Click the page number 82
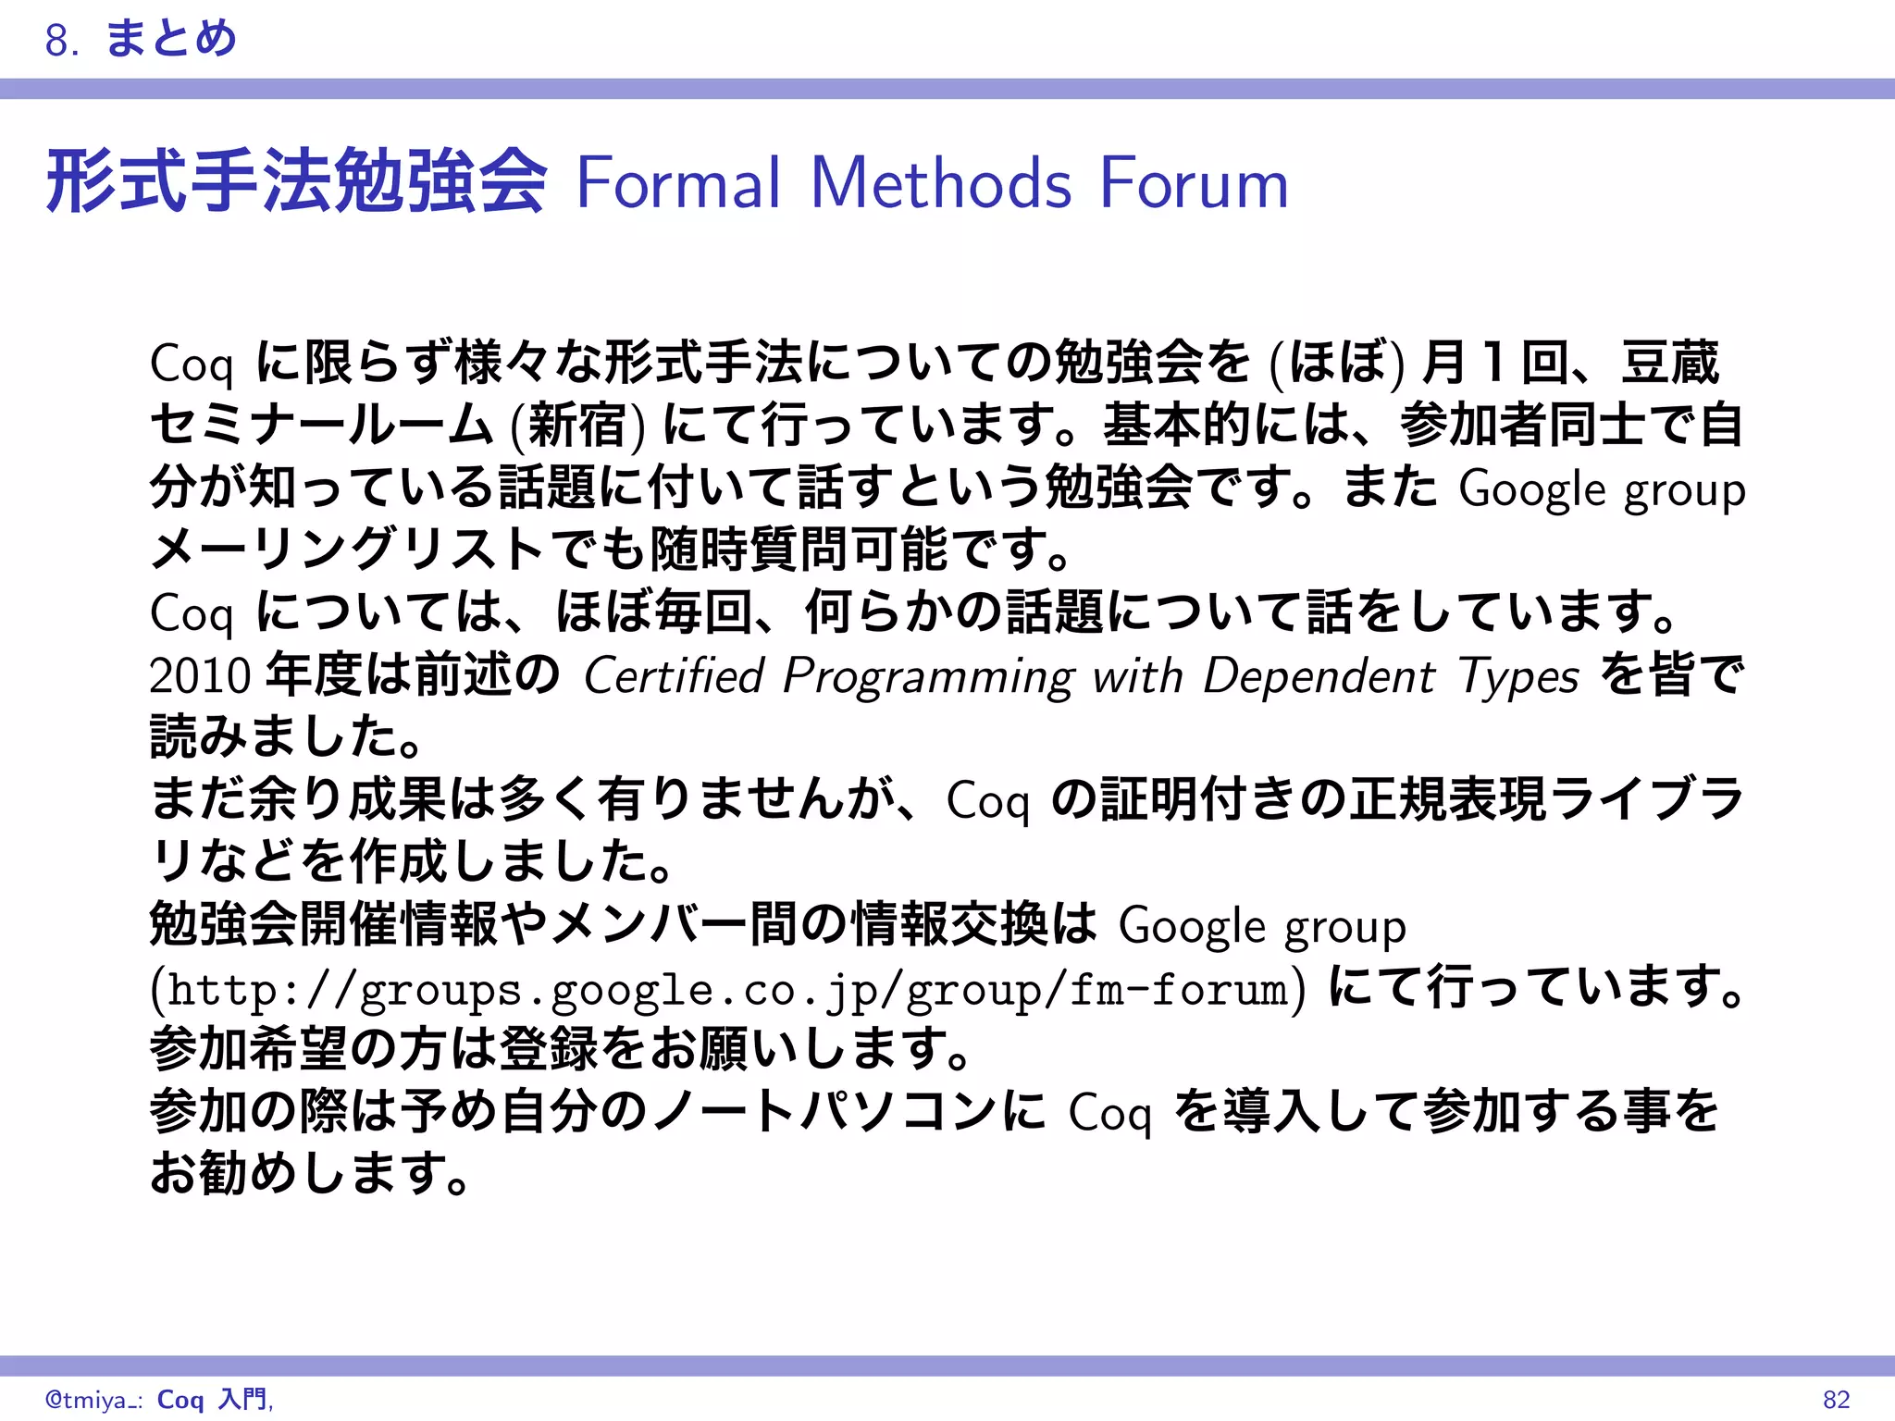tap(1836, 1399)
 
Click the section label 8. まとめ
tap(141, 39)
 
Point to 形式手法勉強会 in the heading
tap(296, 182)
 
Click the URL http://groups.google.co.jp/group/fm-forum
tap(727, 989)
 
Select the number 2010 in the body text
tap(200, 675)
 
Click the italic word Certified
tap(673, 675)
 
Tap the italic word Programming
tap(928, 677)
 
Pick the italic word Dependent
tap(1319, 675)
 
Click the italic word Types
tap(1518, 677)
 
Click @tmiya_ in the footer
tap(91, 1400)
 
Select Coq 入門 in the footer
tap(213, 1399)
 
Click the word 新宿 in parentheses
tap(577, 426)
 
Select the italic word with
tap(1137, 675)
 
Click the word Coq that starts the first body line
tap(192, 364)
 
